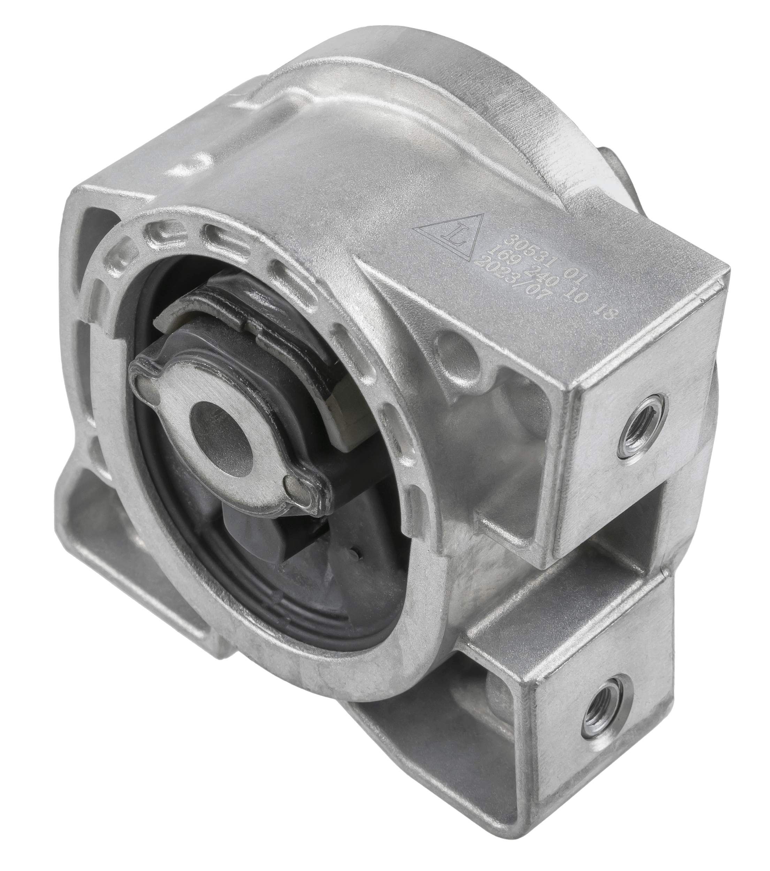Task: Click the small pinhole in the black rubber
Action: tap(356, 554)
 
